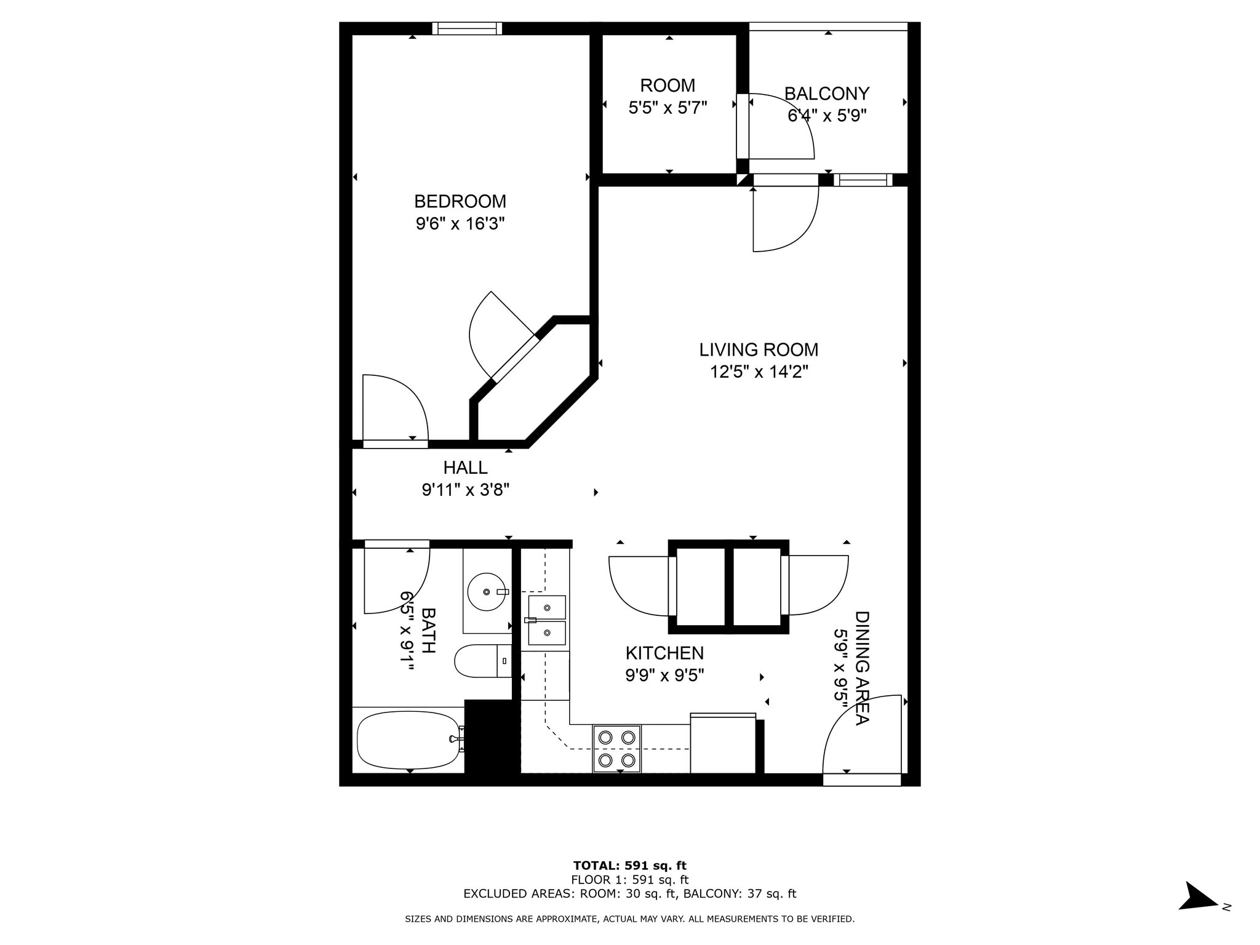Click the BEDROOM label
pyautogui.click(x=460, y=201)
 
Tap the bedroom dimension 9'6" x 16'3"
pyautogui.click(x=460, y=223)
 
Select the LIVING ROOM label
pyautogui.click(x=758, y=349)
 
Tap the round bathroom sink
pyautogui.click(x=486, y=592)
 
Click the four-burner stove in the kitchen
pyautogui.click(x=616, y=749)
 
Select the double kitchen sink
pyautogui.click(x=546, y=620)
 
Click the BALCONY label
pyautogui.click(x=826, y=94)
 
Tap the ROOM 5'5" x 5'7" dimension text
pyautogui.click(x=668, y=108)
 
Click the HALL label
pyautogui.click(x=465, y=468)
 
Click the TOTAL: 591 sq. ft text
pyautogui.click(x=629, y=866)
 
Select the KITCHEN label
pyautogui.click(x=664, y=653)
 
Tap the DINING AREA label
pyautogui.click(x=861, y=668)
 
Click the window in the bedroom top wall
pyautogui.click(x=467, y=28)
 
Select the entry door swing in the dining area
pyautogui.click(x=861, y=735)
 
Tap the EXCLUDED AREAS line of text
pyautogui.click(x=629, y=894)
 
